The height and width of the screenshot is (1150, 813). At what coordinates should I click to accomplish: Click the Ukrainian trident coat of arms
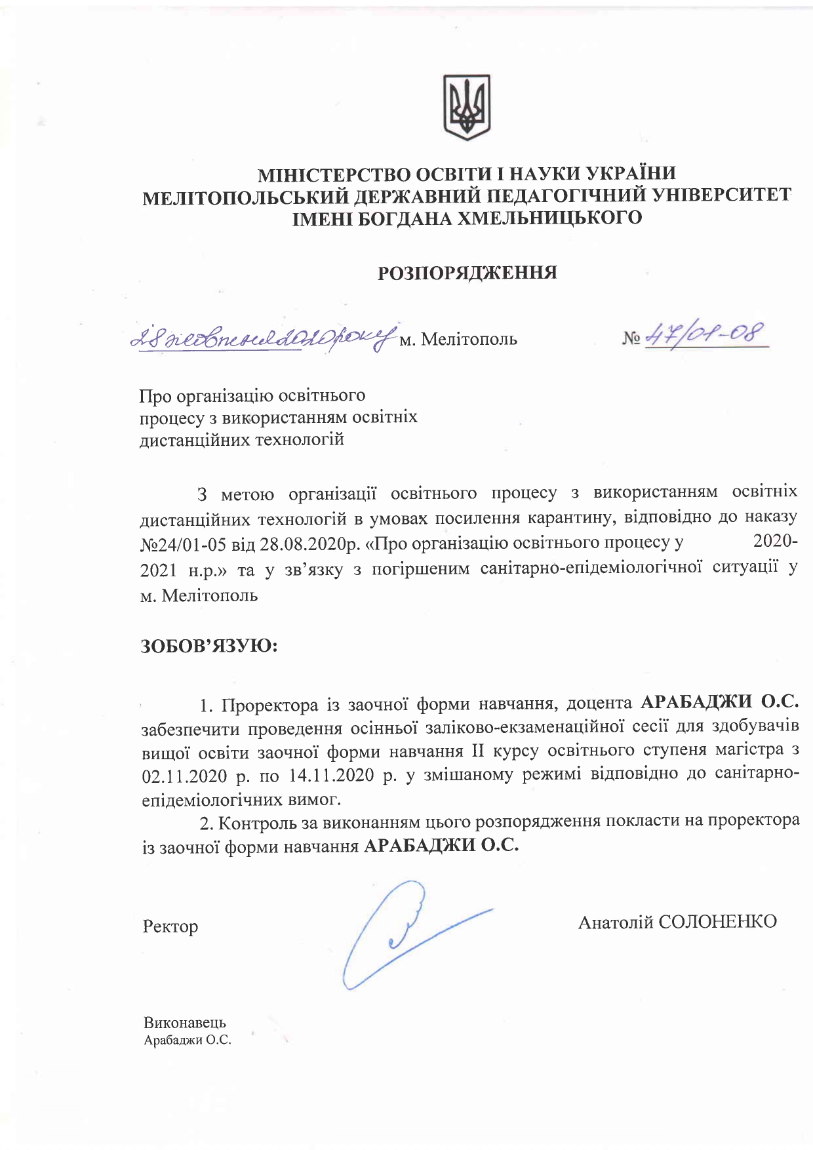coord(467,107)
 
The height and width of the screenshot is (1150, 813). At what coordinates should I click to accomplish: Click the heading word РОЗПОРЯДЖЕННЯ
coord(467,273)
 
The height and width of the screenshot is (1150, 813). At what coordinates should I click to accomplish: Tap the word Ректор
coord(170,926)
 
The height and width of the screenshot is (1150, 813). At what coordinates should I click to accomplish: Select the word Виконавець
coord(185,1023)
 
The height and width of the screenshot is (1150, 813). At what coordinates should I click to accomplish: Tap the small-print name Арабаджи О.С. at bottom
coord(188,1040)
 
